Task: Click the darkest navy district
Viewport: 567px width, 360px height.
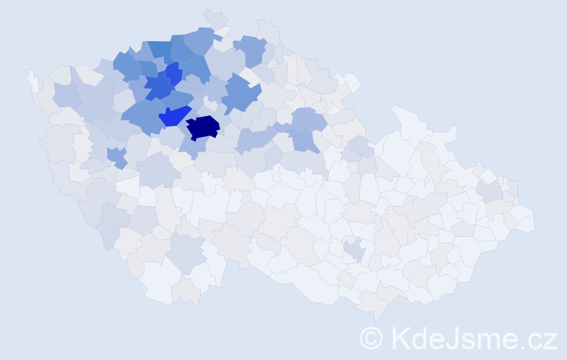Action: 202,127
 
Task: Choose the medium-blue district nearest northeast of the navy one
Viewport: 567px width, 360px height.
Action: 241,96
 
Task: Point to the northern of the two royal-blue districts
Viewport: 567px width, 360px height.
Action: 173,73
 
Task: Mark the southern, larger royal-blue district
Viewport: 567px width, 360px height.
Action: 158,88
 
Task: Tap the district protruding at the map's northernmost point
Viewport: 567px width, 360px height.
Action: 215,18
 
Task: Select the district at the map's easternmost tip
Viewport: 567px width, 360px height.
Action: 525,222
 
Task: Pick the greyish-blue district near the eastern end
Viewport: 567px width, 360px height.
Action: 489,191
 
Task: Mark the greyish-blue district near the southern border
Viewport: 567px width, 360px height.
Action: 185,253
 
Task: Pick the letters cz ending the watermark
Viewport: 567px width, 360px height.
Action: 541,341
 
